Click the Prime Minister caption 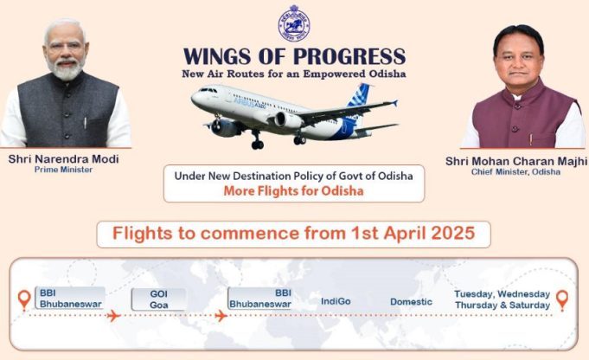tap(63, 170)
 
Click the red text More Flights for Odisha tap(294, 190)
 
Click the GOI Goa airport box tap(159, 299)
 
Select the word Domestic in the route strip tap(411, 302)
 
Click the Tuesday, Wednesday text tap(502, 293)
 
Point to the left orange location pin tap(23, 300)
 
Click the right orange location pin tap(563, 300)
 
